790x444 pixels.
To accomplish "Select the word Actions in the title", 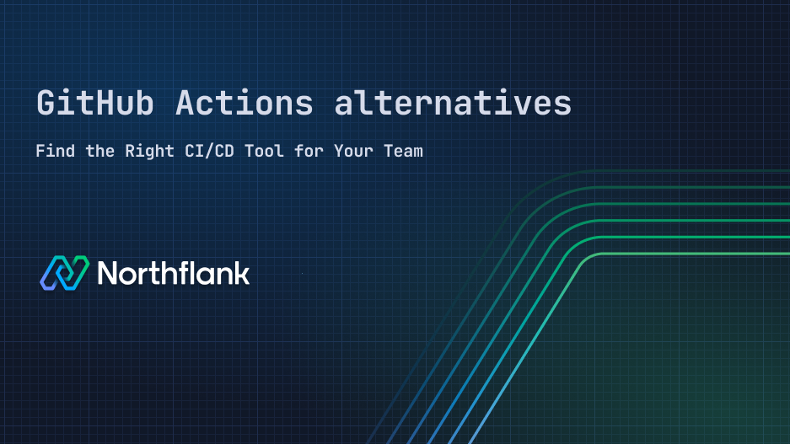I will [245, 104].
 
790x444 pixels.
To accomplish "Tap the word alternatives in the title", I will [453, 104].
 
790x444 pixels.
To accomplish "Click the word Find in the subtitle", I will [55, 152].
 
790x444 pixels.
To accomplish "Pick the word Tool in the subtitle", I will [278, 152].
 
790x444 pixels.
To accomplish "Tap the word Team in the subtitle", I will [404, 152].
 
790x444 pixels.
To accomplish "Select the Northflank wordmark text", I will [174, 273].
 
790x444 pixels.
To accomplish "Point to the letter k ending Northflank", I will [241, 273].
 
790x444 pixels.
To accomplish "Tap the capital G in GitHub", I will [47, 104].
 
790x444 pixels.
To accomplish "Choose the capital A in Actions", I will [185, 104].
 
